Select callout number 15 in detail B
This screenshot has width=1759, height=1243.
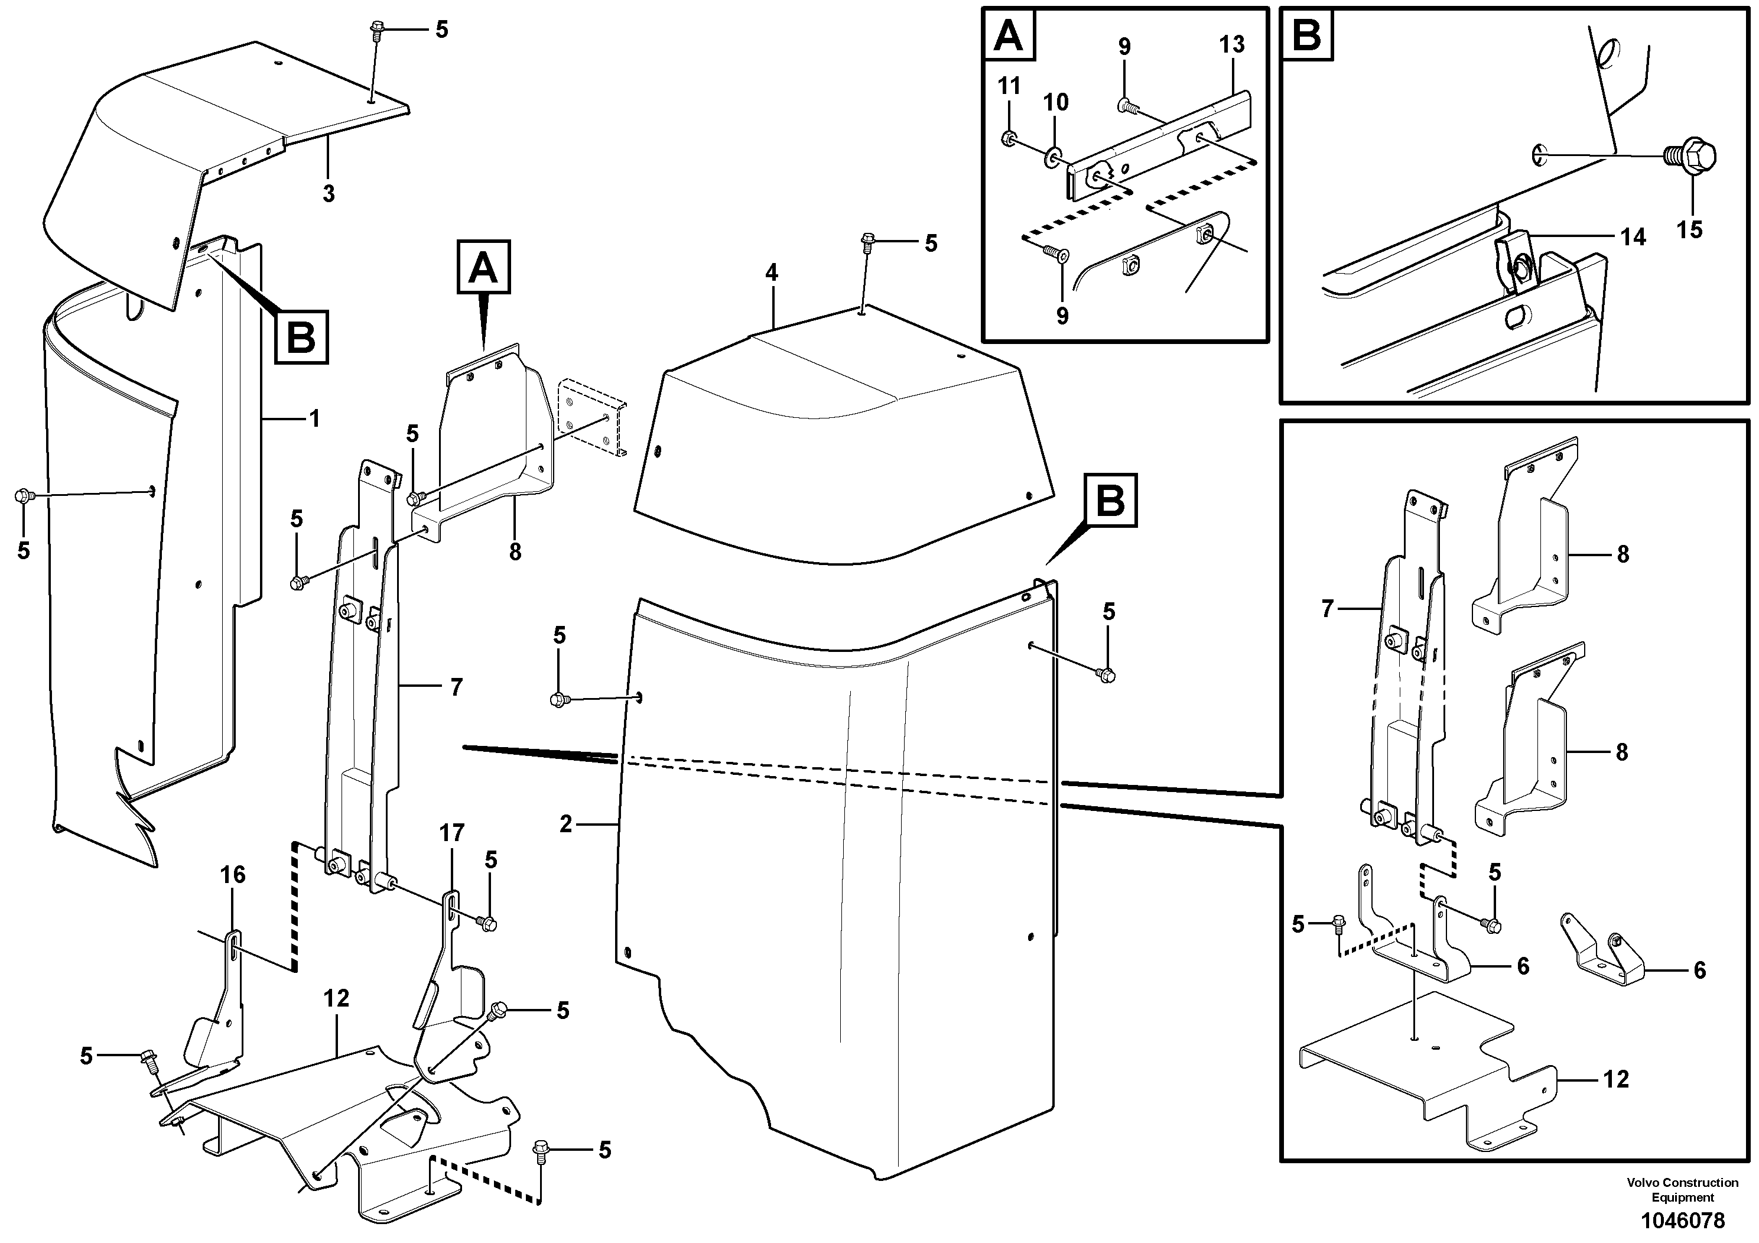click(x=1689, y=229)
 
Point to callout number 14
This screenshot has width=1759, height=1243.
click(x=1633, y=237)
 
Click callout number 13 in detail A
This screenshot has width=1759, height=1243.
click(x=1232, y=44)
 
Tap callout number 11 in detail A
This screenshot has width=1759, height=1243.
click(x=1009, y=86)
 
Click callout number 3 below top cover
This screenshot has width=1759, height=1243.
click(x=329, y=193)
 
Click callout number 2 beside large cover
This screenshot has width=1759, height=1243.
click(x=565, y=824)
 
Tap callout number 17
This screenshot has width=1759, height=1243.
click(x=452, y=833)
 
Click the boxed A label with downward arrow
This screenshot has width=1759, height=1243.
click(x=483, y=267)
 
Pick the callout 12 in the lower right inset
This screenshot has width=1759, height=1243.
click(x=1617, y=1079)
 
